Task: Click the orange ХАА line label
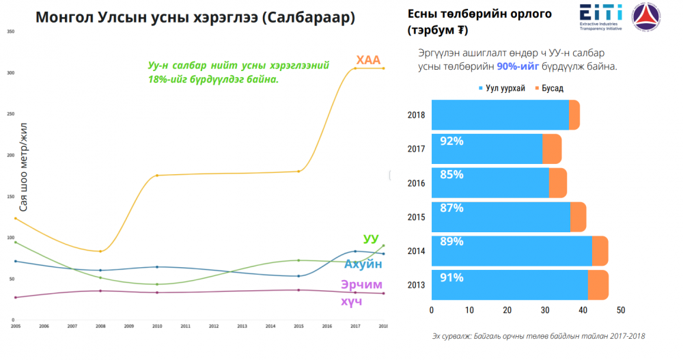[x=367, y=60]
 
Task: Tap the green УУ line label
[x=371, y=238]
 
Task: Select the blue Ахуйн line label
[x=363, y=264]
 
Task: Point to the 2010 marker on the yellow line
[x=157, y=176]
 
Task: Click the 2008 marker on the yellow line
[x=100, y=251]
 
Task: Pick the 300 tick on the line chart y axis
[x=11, y=73]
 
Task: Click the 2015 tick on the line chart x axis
[x=298, y=327]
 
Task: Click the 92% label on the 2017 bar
[x=452, y=141]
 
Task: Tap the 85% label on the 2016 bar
[x=452, y=174]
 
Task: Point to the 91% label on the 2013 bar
[x=452, y=277]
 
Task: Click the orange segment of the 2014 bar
[x=600, y=251]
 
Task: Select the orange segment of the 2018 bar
[x=574, y=115]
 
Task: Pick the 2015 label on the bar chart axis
[x=416, y=217]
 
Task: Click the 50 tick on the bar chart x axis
[x=621, y=310]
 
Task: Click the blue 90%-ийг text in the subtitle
[x=520, y=66]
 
